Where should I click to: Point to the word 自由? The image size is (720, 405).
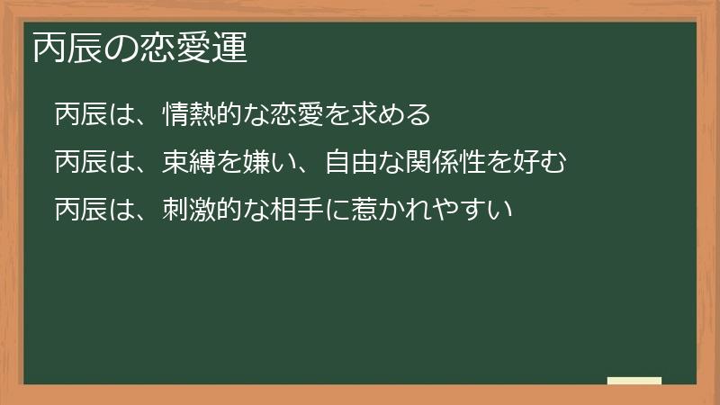click(352, 162)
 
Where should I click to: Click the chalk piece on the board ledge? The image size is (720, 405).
click(634, 382)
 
